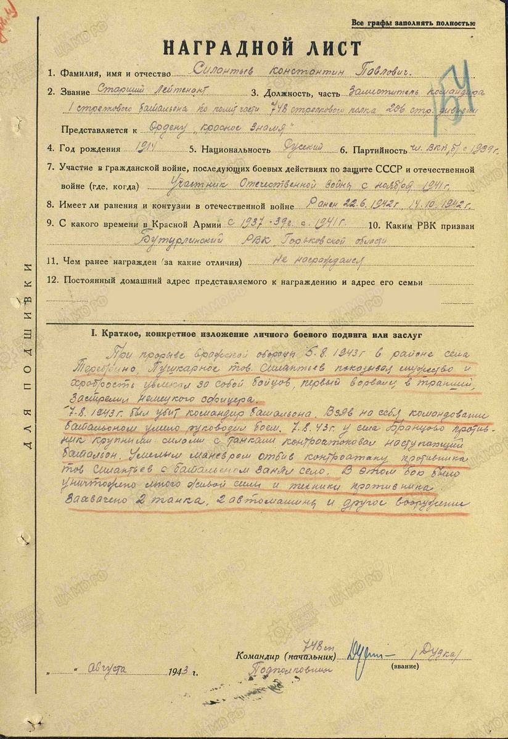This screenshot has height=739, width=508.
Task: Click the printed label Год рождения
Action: click(86, 148)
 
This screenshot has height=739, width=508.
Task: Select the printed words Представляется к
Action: click(99, 130)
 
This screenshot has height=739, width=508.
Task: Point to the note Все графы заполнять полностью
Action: click(412, 23)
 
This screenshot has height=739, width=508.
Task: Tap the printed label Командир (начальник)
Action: click(286, 656)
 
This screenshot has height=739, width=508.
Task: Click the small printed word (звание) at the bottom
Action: click(401, 665)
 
